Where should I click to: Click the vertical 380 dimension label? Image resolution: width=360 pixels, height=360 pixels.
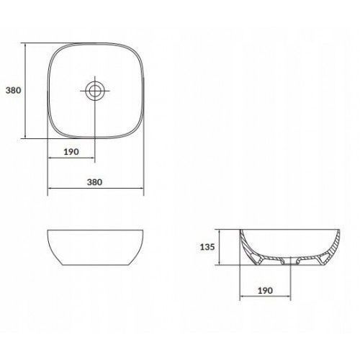tap(14, 91)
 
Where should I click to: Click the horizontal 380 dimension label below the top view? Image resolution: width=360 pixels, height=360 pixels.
tap(94, 182)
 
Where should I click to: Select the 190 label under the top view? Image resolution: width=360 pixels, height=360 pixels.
tap(71, 152)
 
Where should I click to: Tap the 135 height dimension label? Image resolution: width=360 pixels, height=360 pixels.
tap(207, 247)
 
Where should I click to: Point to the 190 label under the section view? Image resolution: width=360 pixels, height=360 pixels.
tap(265, 291)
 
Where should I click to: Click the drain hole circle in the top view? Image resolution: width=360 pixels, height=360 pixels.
tap(95, 91)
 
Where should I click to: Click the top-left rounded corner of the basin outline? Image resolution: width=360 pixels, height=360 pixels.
tap(55, 51)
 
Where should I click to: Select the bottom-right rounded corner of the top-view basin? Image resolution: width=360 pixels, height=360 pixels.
tap(135, 130)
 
